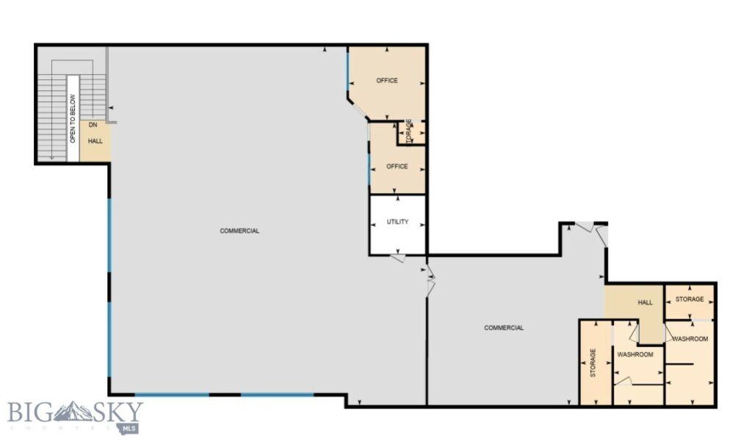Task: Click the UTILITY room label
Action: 397,222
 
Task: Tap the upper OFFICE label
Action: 387,81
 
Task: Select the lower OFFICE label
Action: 397,167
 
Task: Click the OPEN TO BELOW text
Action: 73,118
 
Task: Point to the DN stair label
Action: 93,125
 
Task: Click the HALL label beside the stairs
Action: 95,141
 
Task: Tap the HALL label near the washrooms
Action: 645,302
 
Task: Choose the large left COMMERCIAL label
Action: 239,231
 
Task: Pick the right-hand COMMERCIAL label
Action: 504,328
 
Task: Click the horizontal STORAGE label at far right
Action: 690,299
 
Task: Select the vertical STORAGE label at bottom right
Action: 593,363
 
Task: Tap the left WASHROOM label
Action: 634,355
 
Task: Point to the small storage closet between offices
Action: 410,132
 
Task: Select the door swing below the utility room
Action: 399,259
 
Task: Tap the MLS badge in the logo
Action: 133,427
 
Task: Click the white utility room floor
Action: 397,239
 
